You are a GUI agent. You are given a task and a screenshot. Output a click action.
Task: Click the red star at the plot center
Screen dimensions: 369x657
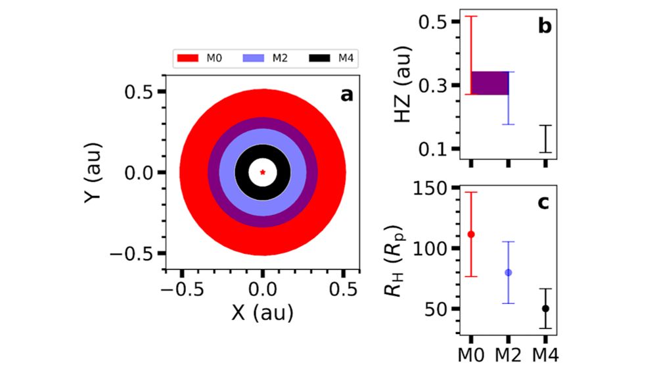(263, 172)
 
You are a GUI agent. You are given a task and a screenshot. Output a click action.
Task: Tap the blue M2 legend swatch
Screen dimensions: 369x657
(255, 59)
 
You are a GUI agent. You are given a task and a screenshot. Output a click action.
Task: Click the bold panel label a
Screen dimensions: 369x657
(346, 95)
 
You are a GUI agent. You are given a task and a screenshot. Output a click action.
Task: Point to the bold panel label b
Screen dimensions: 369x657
(544, 27)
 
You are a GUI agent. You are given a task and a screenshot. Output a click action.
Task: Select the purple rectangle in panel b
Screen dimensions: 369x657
(490, 83)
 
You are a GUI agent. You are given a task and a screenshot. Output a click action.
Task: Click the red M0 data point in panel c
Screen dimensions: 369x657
(471, 234)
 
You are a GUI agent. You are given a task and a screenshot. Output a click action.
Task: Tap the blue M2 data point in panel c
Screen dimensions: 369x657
(508, 272)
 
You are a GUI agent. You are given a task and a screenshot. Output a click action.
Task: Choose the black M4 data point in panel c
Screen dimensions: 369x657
(545, 308)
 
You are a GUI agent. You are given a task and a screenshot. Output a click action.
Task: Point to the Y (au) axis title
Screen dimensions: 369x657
(96, 172)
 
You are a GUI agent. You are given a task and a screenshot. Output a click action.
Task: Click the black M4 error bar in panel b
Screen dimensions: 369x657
(545, 139)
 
